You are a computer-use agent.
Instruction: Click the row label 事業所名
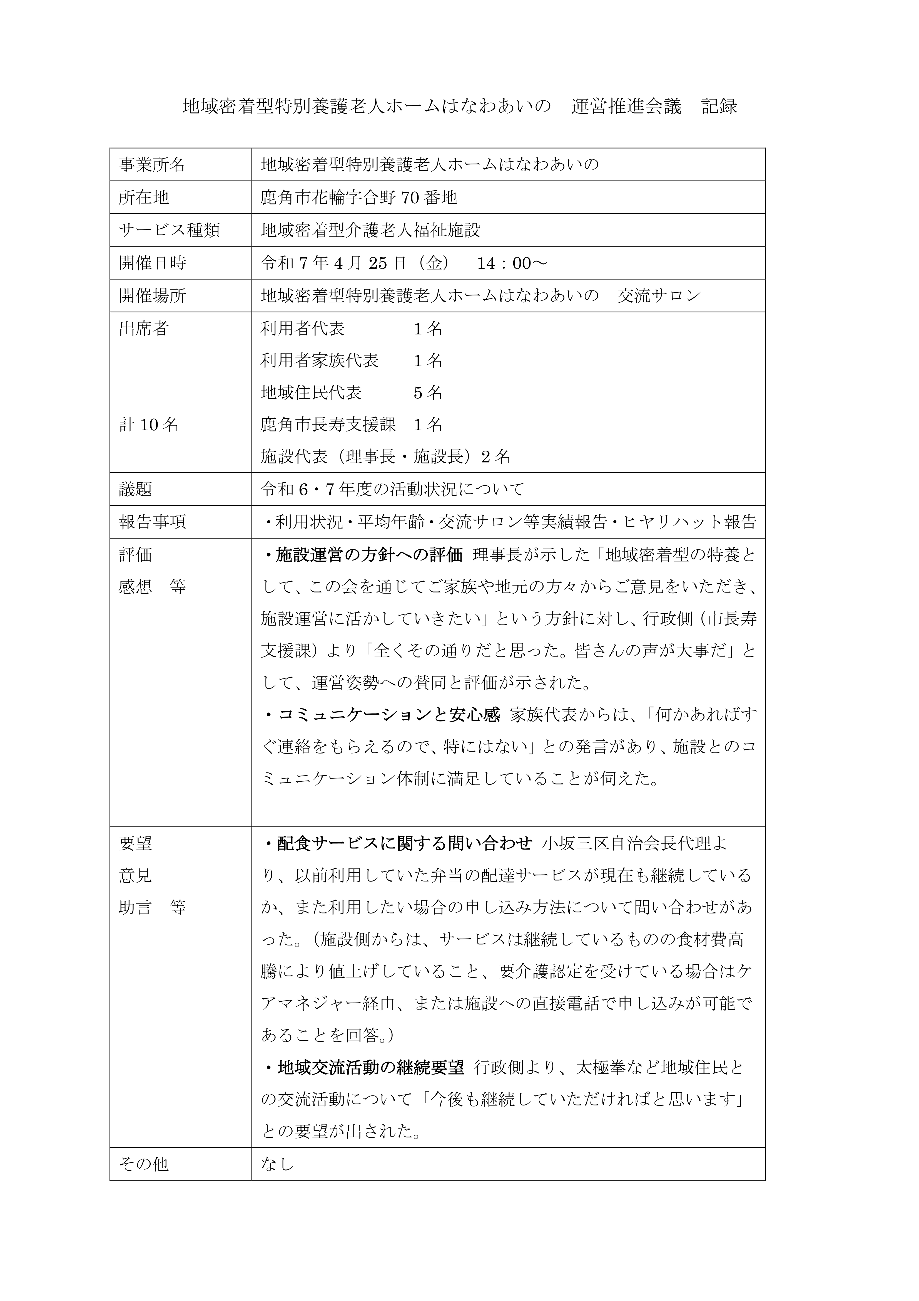pyautogui.click(x=152, y=165)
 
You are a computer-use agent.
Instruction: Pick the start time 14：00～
pyautogui.click(x=512, y=263)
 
